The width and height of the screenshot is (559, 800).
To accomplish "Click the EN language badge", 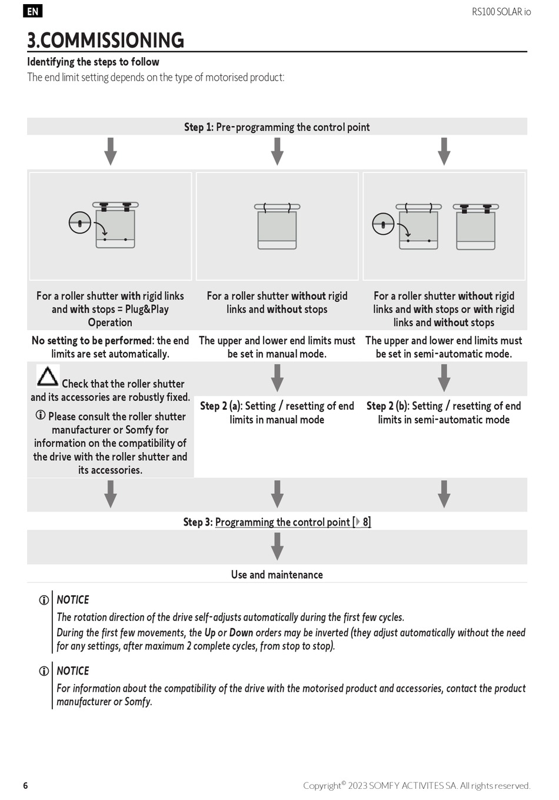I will [33, 11].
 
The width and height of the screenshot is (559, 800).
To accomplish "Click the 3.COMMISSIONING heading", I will [106, 40].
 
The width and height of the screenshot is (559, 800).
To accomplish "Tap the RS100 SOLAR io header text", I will [501, 12].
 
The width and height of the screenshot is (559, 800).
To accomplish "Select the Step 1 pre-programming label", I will [277, 127].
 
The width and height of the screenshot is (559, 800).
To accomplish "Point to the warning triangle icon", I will [48, 376].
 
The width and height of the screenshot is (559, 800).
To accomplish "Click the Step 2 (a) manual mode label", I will [277, 413].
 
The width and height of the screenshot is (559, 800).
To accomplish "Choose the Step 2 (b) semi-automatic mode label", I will [444, 413].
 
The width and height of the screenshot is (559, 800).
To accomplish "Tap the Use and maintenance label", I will [277, 575].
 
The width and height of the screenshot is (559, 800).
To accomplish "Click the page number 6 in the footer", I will [25, 785].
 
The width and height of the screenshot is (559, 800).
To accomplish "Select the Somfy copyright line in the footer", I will [417, 785].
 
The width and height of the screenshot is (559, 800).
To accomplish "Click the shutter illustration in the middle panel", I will [277, 226].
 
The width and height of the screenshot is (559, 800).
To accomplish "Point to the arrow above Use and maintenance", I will [277, 546].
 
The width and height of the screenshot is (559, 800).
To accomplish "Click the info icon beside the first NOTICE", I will [44, 600].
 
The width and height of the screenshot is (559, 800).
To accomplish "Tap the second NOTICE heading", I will [73, 671].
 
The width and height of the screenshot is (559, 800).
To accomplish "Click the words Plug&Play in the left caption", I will [147, 310].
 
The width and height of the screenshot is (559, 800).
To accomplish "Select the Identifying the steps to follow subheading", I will [93, 62].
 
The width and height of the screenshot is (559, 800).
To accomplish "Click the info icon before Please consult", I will [41, 416].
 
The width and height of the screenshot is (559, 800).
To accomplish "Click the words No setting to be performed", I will [92, 341].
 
